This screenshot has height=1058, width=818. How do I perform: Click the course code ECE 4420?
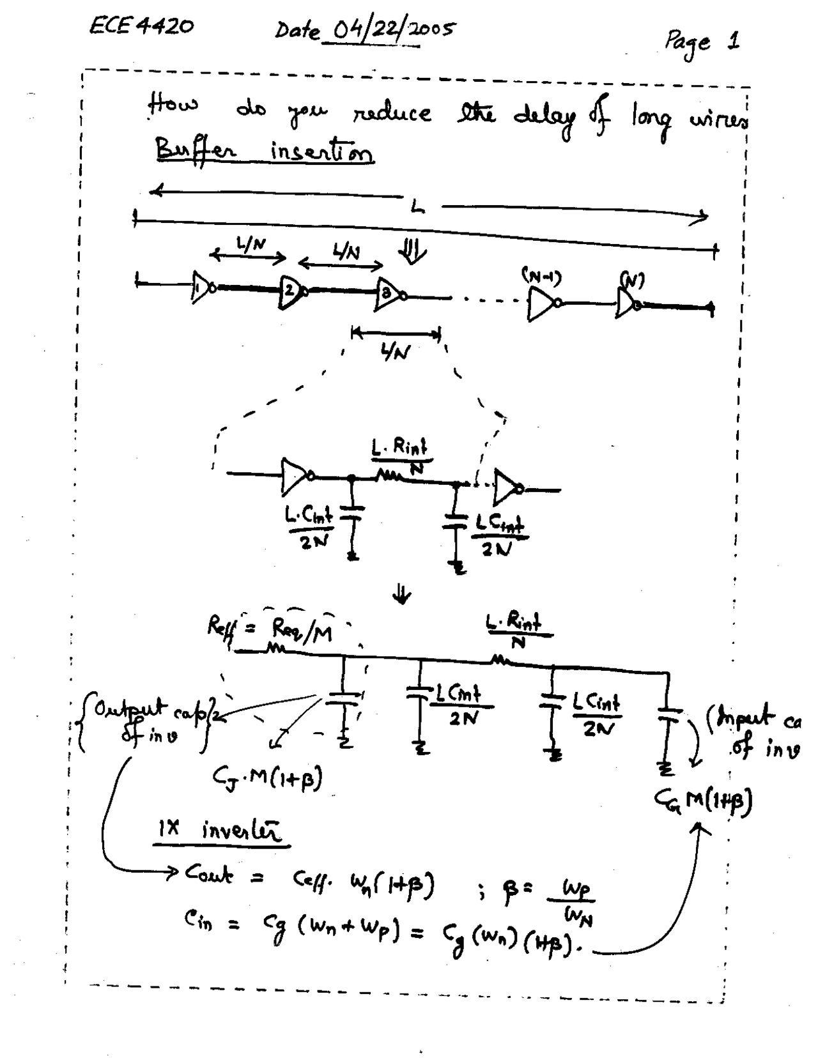pos(141,26)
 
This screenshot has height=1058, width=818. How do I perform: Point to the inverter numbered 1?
pos(202,287)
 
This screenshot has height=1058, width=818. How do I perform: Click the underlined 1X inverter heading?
pos(219,831)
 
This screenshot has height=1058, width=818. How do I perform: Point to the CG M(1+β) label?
pos(703,799)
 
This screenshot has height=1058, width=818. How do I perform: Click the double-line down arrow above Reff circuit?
pos(402,595)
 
